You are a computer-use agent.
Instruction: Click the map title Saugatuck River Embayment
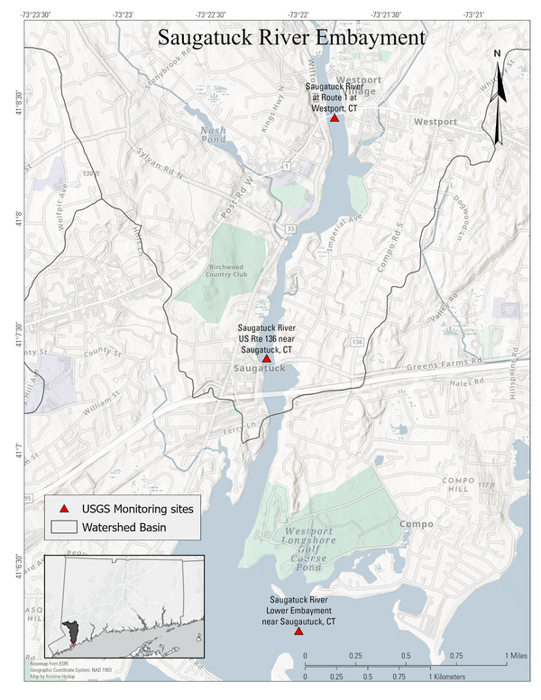tap(290, 38)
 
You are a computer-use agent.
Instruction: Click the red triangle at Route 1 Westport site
tap(335, 118)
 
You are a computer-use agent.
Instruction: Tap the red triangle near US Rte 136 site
tap(266, 358)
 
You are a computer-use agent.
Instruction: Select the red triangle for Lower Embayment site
tap(298, 631)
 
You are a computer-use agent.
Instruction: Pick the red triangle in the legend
tap(63, 510)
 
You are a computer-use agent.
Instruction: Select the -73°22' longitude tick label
tap(298, 15)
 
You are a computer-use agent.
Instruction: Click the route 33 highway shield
tap(290, 230)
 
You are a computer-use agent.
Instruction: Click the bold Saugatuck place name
tap(259, 370)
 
